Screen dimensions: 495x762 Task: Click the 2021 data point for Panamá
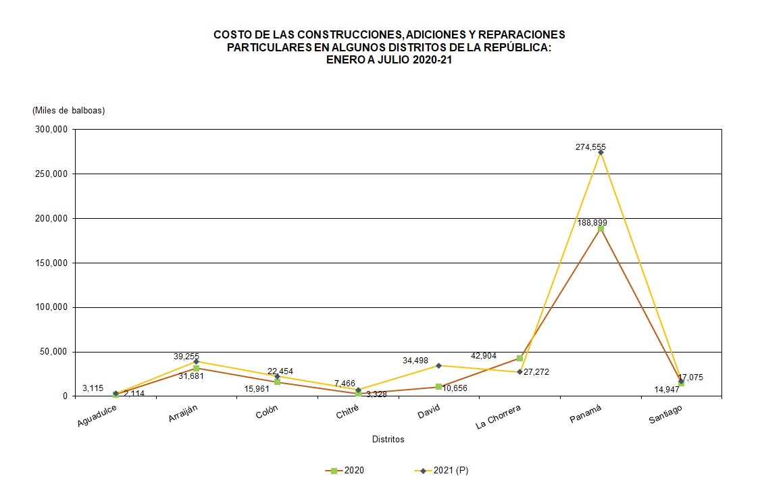601,153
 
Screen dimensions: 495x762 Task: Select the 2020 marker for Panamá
601,229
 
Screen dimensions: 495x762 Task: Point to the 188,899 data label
592,222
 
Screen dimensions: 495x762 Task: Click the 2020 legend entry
345,471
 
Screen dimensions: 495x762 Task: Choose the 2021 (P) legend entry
442,471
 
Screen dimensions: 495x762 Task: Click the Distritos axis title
388,440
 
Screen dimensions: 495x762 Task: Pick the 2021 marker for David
438,365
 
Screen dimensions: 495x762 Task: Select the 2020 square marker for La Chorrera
519,358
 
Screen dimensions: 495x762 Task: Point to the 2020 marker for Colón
277,382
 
